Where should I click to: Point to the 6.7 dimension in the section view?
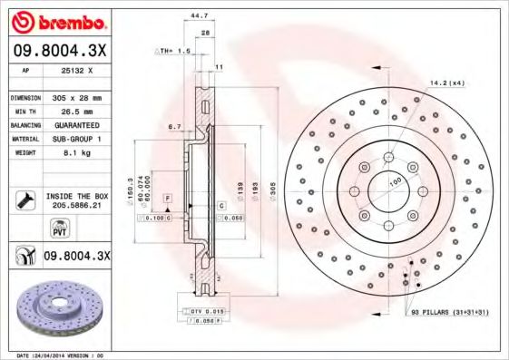coord(174,128)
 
